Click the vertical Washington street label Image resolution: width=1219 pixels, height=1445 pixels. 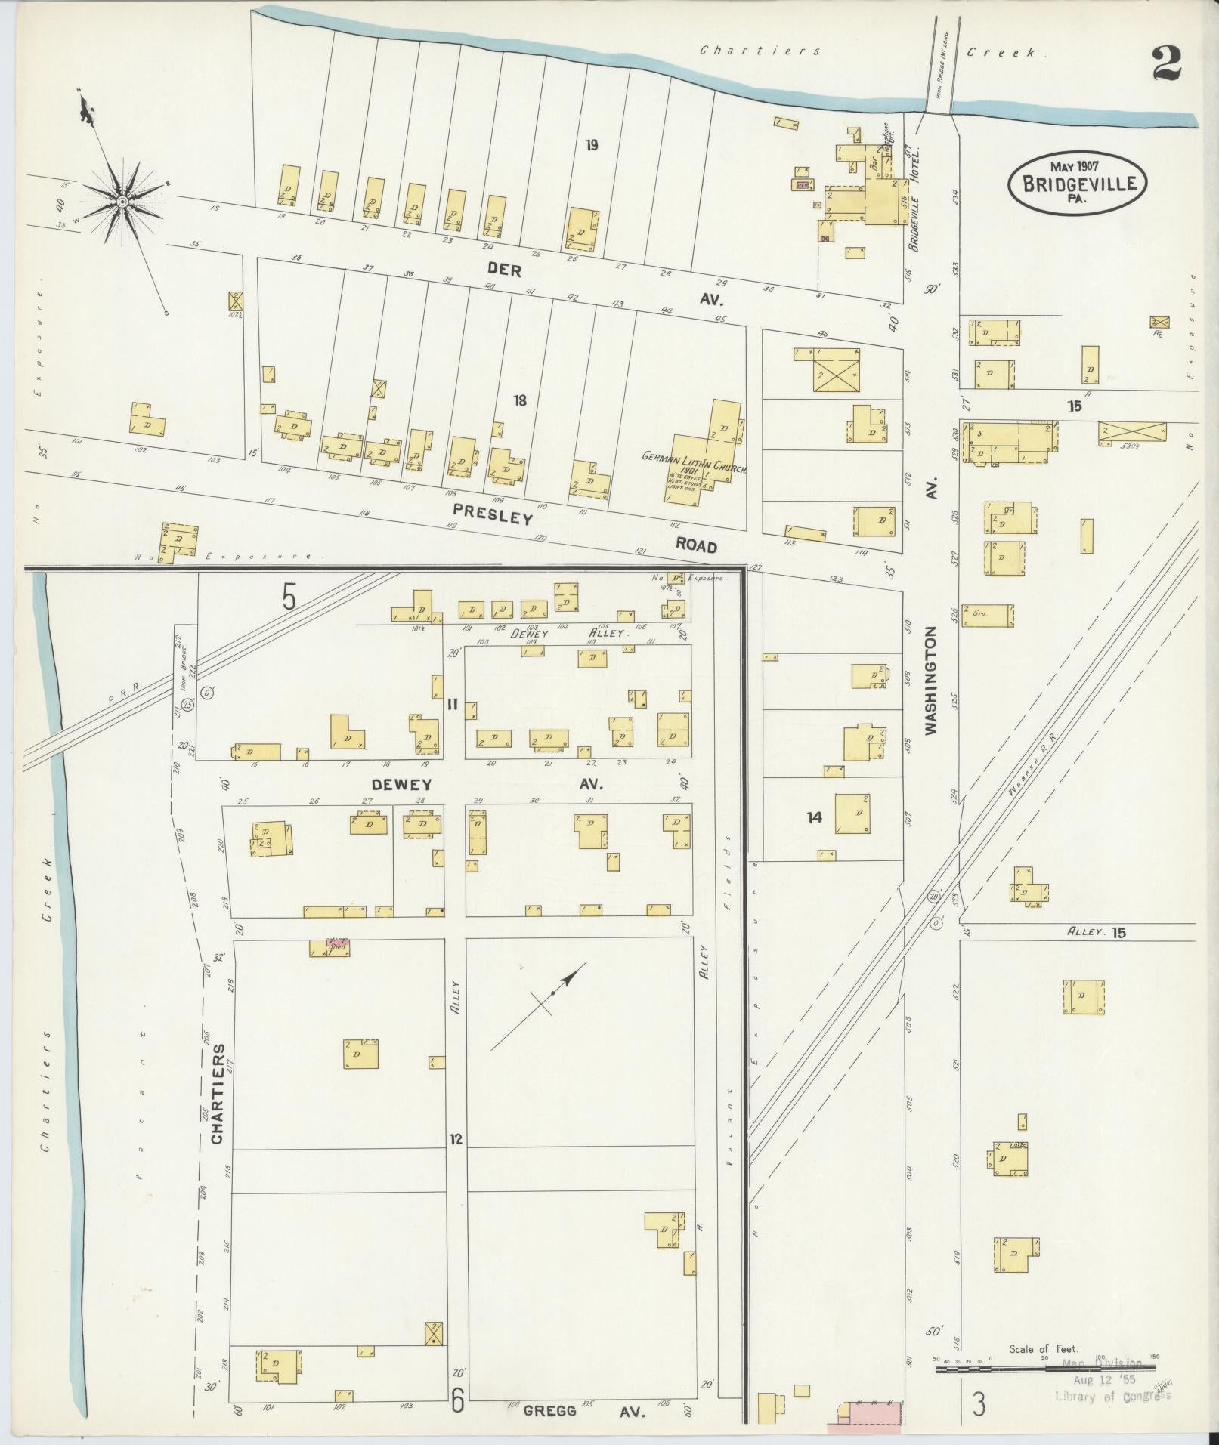pos(931,680)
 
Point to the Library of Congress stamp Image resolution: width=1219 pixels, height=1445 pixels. pos(1112,1396)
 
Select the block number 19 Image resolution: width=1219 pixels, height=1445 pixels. pos(592,145)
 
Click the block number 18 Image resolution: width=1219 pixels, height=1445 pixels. pos(519,400)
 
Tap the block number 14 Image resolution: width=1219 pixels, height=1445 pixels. pos(814,817)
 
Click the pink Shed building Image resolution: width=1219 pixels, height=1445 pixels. pos(337,944)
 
